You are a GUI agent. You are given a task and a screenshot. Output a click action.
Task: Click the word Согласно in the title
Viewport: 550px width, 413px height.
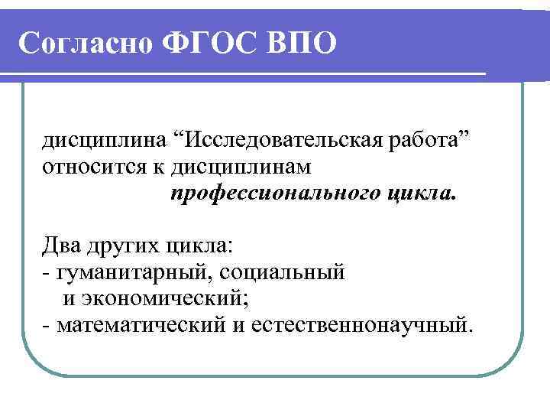85,44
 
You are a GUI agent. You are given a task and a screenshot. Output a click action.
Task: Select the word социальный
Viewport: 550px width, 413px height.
285,272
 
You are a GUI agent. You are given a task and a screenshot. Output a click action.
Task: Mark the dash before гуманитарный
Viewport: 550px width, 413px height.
47,272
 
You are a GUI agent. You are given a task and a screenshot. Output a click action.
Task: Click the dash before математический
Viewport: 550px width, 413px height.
47,325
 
